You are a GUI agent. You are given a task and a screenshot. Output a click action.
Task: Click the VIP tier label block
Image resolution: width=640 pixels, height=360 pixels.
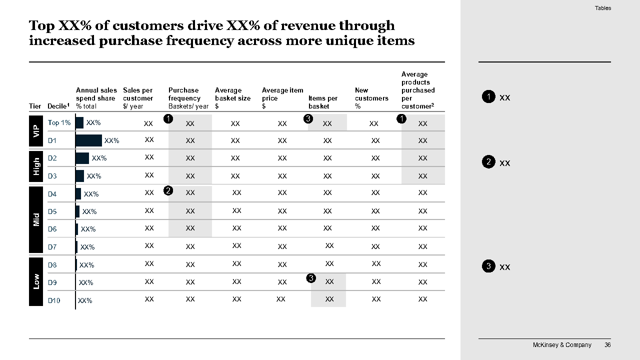tap(36, 131)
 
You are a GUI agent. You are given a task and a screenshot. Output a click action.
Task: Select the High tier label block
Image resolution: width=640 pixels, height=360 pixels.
tap(36, 166)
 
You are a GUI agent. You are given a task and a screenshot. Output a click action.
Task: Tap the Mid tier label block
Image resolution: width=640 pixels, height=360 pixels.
tap(36, 219)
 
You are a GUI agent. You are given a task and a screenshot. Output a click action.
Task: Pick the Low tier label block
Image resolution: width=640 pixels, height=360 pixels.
tap(36, 281)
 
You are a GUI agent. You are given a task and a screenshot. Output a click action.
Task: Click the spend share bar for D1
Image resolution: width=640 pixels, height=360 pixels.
tap(88, 140)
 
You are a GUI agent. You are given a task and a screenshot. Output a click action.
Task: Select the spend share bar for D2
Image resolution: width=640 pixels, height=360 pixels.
tap(82, 158)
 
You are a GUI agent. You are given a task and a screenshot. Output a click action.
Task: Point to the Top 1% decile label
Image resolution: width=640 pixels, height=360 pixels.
tap(59, 122)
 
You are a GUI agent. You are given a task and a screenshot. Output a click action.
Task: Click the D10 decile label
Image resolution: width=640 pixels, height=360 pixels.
tap(54, 300)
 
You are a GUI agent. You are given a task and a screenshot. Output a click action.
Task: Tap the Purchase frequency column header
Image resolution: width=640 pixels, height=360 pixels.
tap(188, 98)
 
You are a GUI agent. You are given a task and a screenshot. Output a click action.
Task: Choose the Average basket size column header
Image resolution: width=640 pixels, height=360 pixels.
tap(232, 98)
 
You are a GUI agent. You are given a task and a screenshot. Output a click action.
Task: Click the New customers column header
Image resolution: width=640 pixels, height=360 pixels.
tap(371, 98)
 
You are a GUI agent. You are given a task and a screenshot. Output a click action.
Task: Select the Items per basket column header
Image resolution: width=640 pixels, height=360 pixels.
tap(323, 102)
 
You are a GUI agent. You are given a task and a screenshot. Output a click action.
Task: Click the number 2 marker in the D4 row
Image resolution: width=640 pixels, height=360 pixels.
tap(168, 190)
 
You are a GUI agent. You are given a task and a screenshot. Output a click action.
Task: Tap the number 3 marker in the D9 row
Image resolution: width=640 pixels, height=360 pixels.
tap(311, 278)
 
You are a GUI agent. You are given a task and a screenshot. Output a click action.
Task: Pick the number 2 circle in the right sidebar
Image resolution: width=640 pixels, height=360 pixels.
tap(488, 162)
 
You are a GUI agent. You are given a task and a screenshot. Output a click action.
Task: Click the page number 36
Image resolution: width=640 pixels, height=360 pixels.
tap(607, 345)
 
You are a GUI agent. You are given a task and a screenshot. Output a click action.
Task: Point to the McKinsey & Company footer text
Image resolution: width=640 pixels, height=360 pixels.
tap(562, 345)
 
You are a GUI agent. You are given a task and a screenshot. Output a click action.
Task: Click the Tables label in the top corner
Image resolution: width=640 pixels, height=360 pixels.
tap(602, 8)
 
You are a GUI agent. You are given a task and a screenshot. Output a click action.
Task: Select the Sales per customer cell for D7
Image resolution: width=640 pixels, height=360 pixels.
tap(149, 246)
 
